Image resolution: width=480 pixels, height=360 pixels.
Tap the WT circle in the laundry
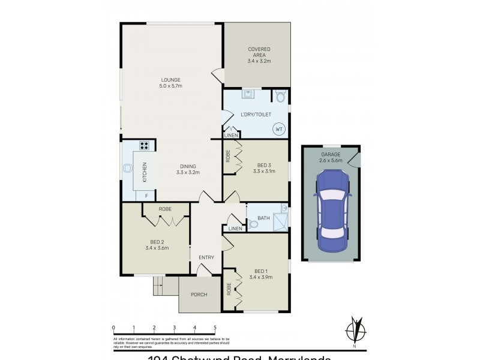click(x=279, y=128)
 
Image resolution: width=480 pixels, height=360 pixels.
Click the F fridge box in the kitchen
click(x=146, y=196)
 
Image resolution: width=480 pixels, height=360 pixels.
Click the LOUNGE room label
click(x=170, y=80)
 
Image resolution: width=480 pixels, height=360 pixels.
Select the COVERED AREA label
click(x=259, y=52)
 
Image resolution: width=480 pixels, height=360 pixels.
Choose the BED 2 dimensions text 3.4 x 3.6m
click(x=157, y=248)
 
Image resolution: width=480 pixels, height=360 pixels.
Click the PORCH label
click(x=199, y=295)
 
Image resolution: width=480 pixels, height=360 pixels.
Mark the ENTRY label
click(x=206, y=257)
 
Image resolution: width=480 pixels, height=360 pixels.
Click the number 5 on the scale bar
click(x=215, y=328)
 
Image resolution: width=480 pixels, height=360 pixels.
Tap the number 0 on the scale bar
click(x=113, y=328)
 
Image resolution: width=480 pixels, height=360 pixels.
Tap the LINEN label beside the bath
click(x=235, y=229)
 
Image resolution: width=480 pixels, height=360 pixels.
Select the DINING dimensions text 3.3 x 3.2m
click(x=187, y=173)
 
